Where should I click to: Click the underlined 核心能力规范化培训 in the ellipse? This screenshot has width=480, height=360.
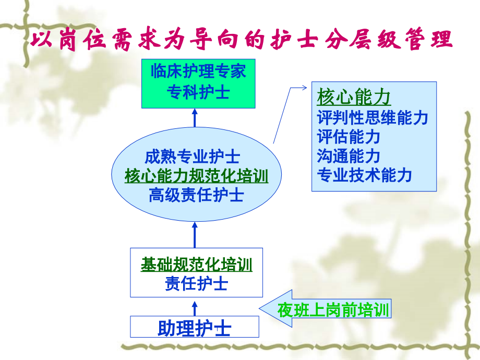pyautogui.click(x=196, y=176)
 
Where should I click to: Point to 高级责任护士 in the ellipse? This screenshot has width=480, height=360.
pyautogui.click(x=196, y=195)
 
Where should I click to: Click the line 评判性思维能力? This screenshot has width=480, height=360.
pyautogui.click(x=372, y=118)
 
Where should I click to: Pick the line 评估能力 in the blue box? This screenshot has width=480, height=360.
pyautogui.click(x=348, y=137)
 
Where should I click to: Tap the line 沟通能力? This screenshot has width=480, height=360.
pyautogui.click(x=348, y=155)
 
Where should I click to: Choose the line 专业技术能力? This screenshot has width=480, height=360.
pyautogui.click(x=364, y=175)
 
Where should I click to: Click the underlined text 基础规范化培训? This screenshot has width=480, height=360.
pyautogui.click(x=196, y=265)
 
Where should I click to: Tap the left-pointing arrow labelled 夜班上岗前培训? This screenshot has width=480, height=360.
pyautogui.click(x=326, y=311)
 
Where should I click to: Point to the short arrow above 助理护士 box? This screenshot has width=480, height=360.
pyautogui.click(x=195, y=307)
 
